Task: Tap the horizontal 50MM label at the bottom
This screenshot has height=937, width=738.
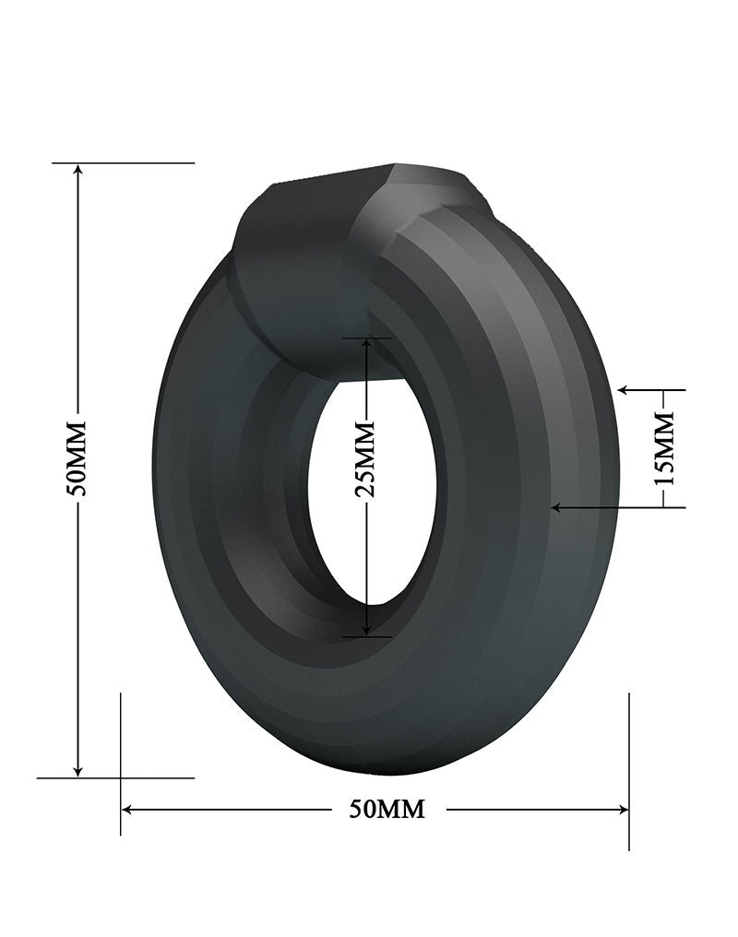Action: pyautogui.click(x=387, y=810)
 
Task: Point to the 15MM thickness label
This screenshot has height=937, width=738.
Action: pyautogui.click(x=664, y=449)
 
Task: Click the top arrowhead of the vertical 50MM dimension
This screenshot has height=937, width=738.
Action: pyautogui.click(x=78, y=171)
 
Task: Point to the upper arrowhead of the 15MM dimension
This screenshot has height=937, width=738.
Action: pyautogui.click(x=625, y=390)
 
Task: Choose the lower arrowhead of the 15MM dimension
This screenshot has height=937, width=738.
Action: pyautogui.click(x=557, y=506)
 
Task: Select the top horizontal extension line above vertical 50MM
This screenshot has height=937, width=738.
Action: pyautogui.click(x=138, y=163)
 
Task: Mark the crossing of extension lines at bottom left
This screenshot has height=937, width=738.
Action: pyautogui.click(x=121, y=778)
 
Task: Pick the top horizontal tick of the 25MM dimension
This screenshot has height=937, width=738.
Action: pyautogui.click(x=367, y=338)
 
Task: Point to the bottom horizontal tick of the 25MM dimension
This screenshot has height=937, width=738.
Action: pyautogui.click(x=367, y=636)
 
